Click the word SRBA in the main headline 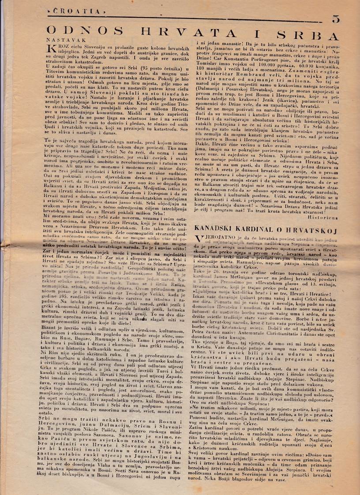(x=319, y=36)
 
